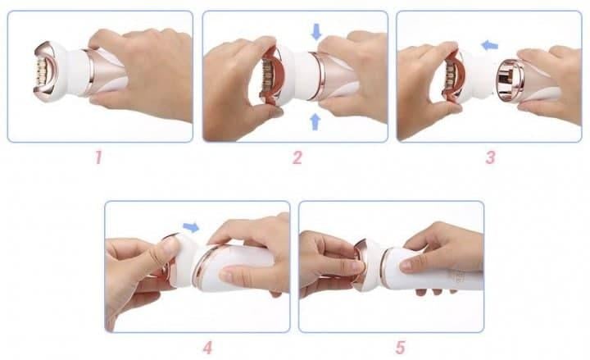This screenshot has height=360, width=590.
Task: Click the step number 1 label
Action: (98, 157)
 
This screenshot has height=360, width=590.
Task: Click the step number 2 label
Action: (297, 157)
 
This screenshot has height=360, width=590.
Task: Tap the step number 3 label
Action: (490, 157)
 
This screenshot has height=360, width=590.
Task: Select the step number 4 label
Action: (207, 348)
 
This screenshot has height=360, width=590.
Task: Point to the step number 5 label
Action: (401, 348)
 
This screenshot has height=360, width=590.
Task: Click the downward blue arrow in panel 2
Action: (316, 32)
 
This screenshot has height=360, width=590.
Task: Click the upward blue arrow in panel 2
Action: (315, 121)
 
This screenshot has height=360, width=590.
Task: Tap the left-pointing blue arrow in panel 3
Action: (490, 46)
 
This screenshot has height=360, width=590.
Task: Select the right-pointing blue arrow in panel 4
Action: (191, 227)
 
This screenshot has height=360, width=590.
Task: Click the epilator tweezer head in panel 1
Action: (45, 72)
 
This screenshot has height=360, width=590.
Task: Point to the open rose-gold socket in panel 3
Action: (510, 80)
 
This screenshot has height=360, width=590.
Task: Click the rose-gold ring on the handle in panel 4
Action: (204, 267)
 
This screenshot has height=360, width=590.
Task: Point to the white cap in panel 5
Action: (374, 265)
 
